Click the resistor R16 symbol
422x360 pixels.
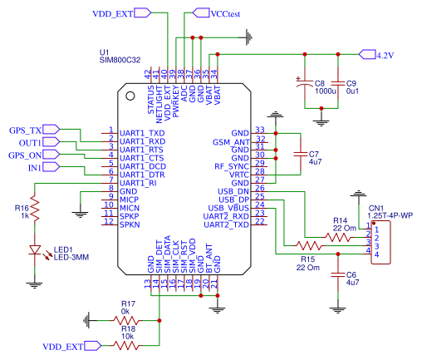[x=37, y=211]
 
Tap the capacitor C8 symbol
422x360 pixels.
[x=305, y=84]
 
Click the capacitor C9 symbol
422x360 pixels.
[x=338, y=84]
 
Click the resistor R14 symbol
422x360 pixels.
[x=338, y=237]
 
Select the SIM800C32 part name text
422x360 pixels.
[x=120, y=60]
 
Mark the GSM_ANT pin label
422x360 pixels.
[x=231, y=142]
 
